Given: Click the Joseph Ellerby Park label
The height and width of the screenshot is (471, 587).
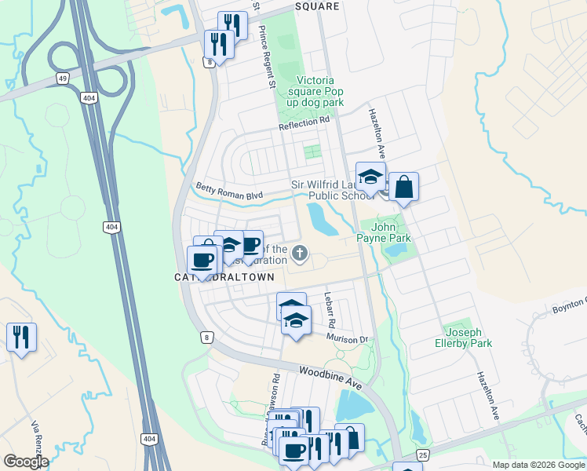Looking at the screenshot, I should click(464, 338).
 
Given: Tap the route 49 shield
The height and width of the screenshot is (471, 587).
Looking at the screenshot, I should click(60, 78).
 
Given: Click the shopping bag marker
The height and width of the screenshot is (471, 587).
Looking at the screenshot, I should click(404, 188).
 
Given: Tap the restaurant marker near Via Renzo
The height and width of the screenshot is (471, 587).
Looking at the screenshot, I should click(21, 338).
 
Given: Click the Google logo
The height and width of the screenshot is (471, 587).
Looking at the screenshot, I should click(25, 462).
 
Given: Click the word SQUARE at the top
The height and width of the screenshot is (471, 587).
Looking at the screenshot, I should click(317, 6).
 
